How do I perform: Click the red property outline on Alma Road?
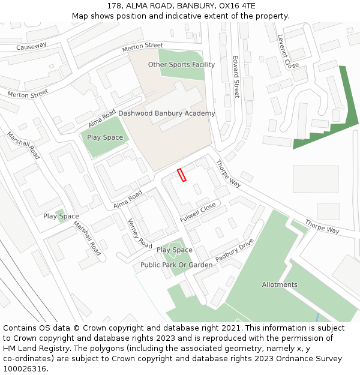(x=182, y=175)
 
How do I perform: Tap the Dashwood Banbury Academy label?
(x=166, y=113)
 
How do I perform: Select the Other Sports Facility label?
(x=181, y=65)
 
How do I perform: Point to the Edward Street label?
(x=236, y=77)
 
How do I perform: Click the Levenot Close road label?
(x=287, y=51)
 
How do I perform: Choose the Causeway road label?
(x=31, y=46)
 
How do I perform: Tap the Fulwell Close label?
(x=198, y=212)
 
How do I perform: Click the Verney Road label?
(x=140, y=233)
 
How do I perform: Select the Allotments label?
(x=280, y=284)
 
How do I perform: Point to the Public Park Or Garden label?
(x=176, y=265)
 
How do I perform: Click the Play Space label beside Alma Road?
(x=105, y=137)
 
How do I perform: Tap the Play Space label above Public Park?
(x=175, y=250)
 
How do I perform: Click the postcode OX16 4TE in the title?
(x=236, y=6)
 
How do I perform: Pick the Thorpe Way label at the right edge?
(x=322, y=226)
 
